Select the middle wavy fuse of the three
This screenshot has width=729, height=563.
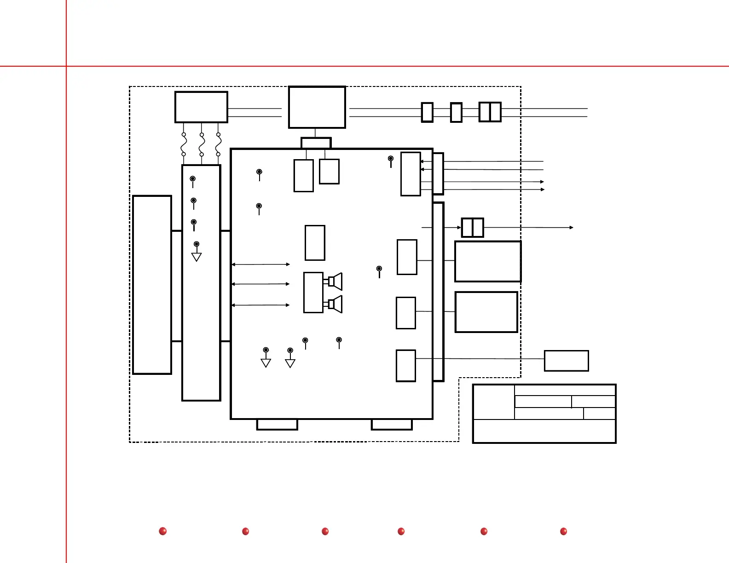pyautogui.click(x=202, y=144)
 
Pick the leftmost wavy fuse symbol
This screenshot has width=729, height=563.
pyautogui.click(x=184, y=144)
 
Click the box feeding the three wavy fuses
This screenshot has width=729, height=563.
pyautogui.click(x=201, y=107)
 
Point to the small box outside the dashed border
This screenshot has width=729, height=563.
pyautogui.click(x=566, y=361)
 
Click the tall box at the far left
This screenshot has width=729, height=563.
pyautogui.click(x=152, y=285)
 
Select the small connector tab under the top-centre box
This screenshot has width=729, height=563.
pyautogui.click(x=316, y=143)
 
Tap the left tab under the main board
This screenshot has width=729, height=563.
pyautogui.click(x=277, y=425)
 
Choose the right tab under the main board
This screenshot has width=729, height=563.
pyautogui.click(x=392, y=425)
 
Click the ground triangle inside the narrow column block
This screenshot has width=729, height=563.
pyautogui.click(x=197, y=257)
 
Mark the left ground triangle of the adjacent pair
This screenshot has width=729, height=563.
pyautogui.click(x=266, y=363)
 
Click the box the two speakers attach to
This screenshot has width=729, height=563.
pyautogui.click(x=313, y=293)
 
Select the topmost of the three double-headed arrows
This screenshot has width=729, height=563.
pyautogui.click(x=260, y=264)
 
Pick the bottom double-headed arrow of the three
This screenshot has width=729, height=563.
pyautogui.click(x=260, y=305)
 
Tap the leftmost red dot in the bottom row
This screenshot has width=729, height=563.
pyautogui.click(x=162, y=531)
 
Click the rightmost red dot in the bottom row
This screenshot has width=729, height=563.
pyautogui.click(x=563, y=531)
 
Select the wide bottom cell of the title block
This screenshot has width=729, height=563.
pyautogui.click(x=544, y=431)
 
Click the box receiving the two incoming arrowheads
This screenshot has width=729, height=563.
pyautogui.click(x=411, y=174)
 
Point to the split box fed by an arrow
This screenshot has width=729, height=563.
pyautogui.click(x=472, y=228)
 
